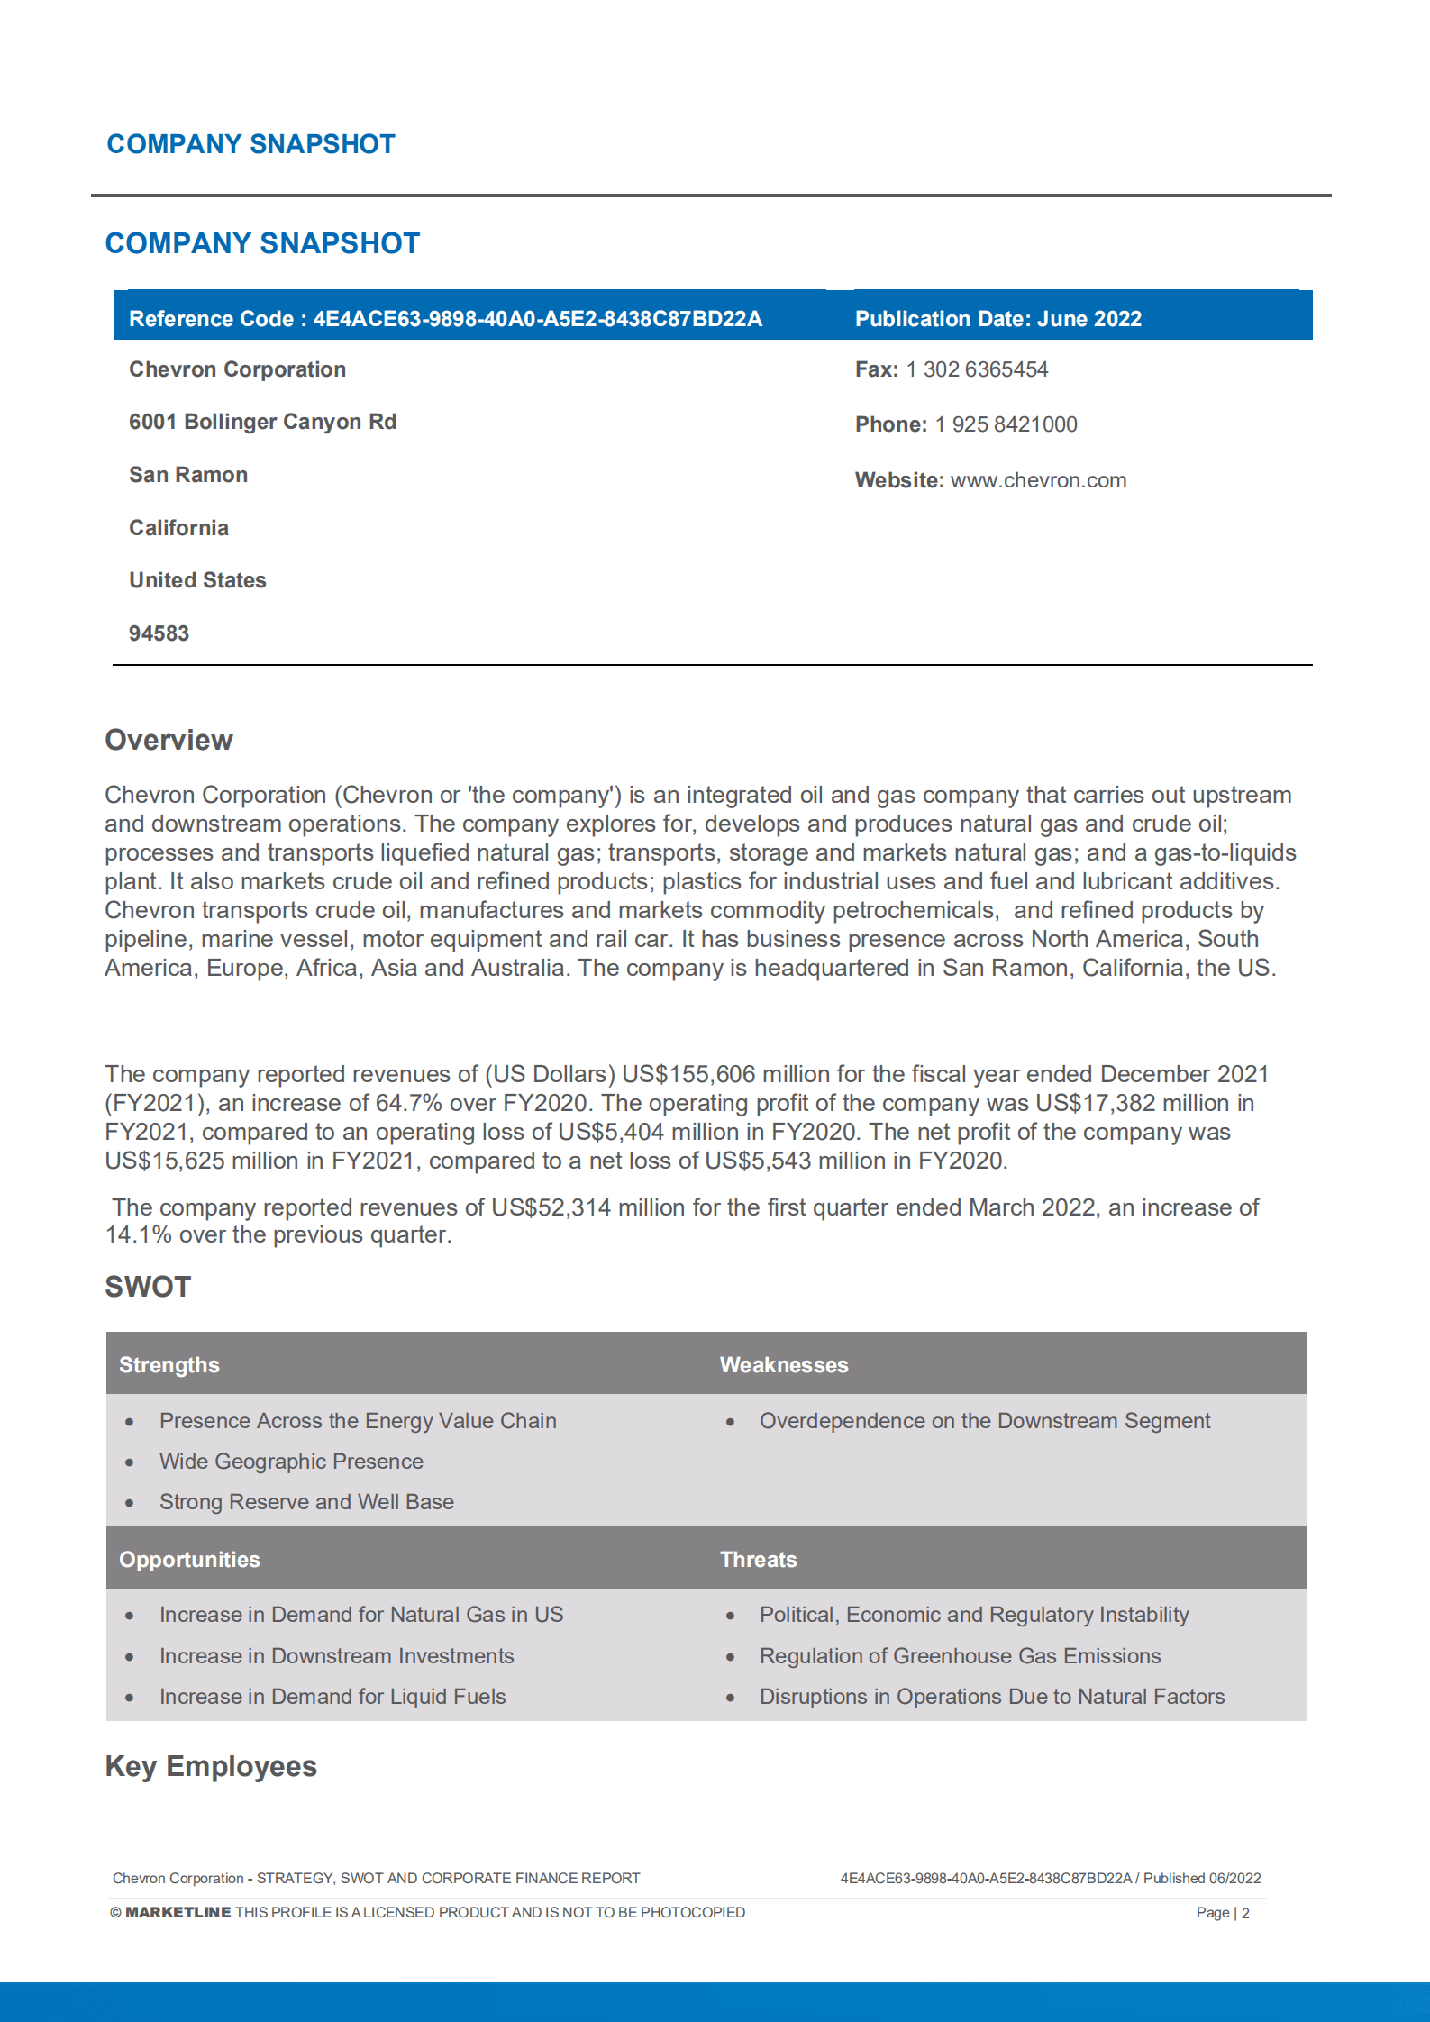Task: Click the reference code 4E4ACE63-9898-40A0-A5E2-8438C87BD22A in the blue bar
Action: coord(537,319)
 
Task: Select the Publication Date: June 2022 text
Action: coord(997,319)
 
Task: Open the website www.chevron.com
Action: coord(1038,480)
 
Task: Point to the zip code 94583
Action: coord(159,633)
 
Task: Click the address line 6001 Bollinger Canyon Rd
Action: coord(262,422)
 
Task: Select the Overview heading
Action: coord(169,740)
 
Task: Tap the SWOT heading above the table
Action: coord(148,1287)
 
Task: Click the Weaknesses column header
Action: coord(783,1365)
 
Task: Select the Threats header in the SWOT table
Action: coord(758,1560)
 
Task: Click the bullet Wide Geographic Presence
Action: coord(291,1462)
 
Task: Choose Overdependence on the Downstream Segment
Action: coord(984,1421)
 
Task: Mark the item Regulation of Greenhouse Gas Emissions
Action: coord(960,1656)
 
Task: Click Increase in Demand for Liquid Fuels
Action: coord(332,1697)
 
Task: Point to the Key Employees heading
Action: coord(211,1766)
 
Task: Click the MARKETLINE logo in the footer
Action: coord(178,1912)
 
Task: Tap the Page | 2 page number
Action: coord(1222,1912)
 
